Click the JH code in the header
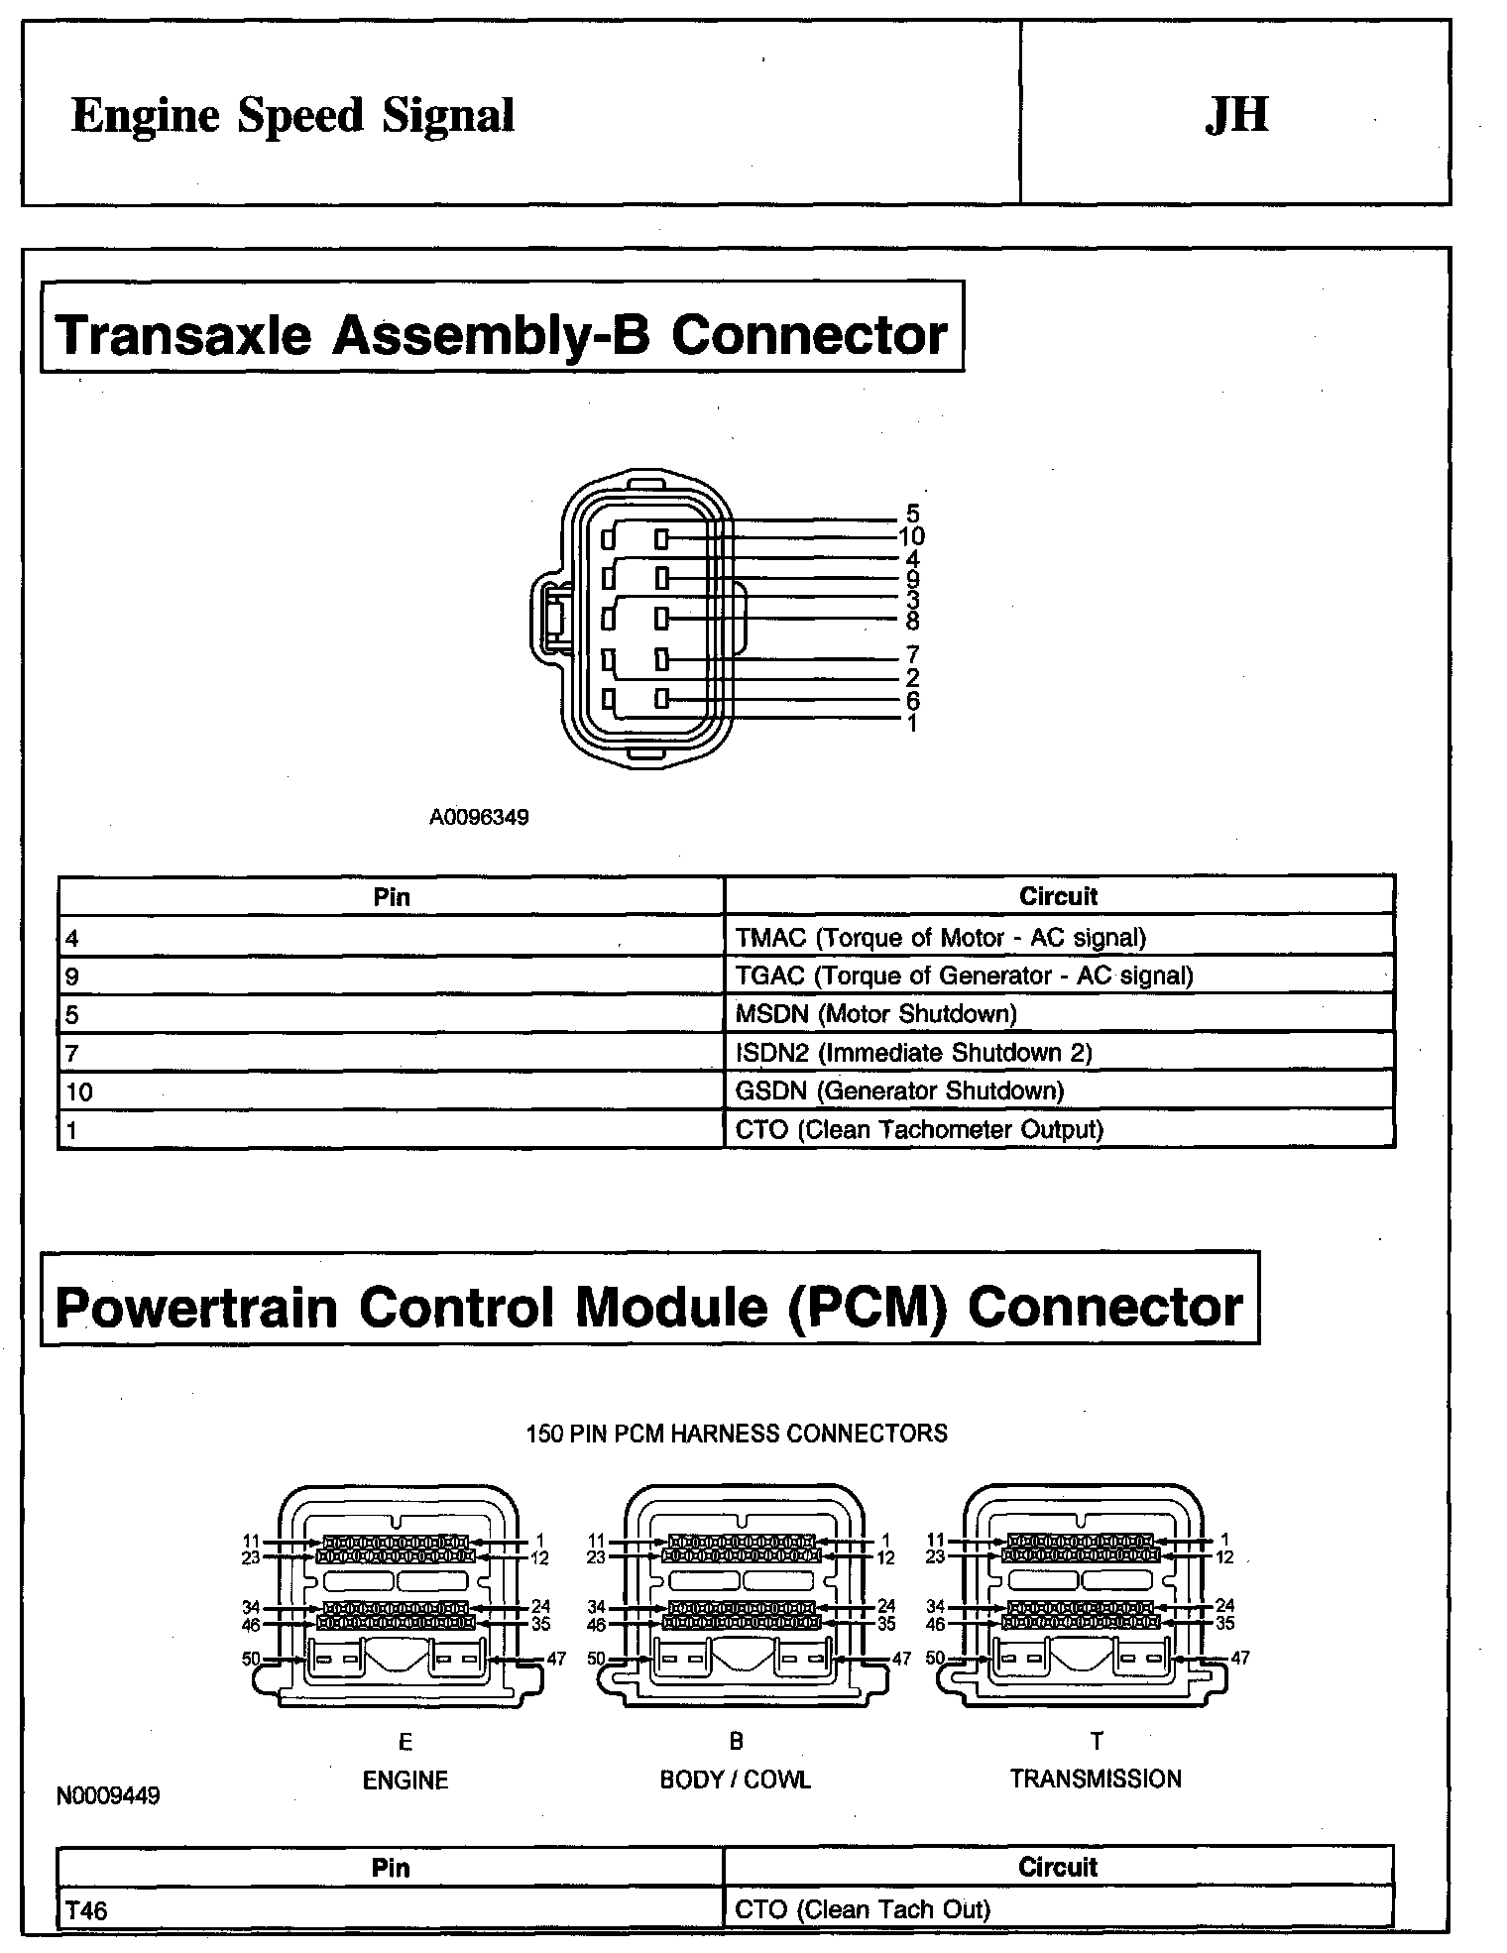coord(1236,115)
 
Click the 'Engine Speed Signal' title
coord(292,116)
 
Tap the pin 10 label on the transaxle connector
coord(911,536)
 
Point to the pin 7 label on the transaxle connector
coord(912,654)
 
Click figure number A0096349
coord(479,817)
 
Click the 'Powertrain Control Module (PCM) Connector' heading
coord(648,1307)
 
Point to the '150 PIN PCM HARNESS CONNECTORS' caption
coord(737,1433)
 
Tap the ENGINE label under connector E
coord(406,1780)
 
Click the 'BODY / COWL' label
coord(736,1780)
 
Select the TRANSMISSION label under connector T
coord(1096,1779)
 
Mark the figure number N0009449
coord(108,1795)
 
